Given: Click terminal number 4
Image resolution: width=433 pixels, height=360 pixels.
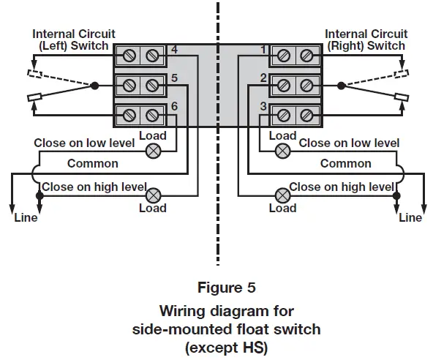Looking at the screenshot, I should [173, 50].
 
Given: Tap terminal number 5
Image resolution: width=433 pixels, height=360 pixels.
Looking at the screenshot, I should [173, 78].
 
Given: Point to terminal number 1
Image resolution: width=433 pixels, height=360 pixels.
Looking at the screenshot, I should [263, 50].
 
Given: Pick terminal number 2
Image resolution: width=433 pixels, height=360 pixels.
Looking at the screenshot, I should [263, 78].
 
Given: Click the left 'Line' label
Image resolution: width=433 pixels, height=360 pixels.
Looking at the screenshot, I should [26, 217].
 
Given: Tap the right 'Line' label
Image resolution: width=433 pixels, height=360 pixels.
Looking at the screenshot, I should [410, 217].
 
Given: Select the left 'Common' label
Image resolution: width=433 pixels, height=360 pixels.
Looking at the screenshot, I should [92, 164].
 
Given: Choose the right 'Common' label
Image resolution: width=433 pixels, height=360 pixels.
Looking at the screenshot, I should [345, 164].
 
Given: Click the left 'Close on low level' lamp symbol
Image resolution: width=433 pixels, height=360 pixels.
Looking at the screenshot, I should [154, 151].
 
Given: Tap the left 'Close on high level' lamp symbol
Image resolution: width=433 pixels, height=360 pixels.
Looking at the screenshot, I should [154, 195].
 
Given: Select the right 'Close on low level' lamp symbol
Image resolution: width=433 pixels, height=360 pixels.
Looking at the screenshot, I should [282, 151].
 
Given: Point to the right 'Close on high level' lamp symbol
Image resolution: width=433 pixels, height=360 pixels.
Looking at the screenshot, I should [282, 195].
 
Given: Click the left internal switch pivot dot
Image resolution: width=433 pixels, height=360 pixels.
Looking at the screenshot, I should [94, 86].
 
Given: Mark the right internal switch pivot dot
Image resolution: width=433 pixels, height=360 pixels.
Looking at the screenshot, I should [341, 86].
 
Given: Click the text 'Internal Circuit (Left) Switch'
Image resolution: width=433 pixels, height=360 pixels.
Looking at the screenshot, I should [70, 40].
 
